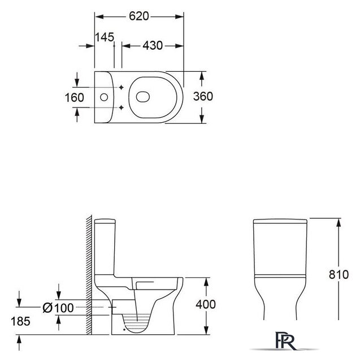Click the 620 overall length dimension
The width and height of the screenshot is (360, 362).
point(139,16)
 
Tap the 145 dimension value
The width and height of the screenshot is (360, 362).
point(105,37)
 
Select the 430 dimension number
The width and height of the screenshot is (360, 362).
point(153,45)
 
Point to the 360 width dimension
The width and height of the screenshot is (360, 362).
point(203,96)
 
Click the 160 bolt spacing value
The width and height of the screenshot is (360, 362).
point(74,97)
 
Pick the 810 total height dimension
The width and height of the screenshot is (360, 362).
point(339,274)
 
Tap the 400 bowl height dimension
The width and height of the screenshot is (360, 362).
point(206,304)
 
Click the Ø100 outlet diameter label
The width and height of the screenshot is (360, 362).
point(58,308)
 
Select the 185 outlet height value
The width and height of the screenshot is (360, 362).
point(20,321)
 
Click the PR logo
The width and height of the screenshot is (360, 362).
point(285,341)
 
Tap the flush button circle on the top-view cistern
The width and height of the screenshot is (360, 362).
point(104,97)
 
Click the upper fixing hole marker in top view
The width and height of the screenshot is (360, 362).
point(122,87)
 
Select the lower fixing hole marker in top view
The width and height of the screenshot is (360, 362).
point(122,107)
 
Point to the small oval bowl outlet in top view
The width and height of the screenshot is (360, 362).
point(143,97)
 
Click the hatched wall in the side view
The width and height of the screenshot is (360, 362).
point(89,274)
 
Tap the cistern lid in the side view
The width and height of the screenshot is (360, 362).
point(105,221)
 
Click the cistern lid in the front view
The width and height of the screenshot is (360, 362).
point(280,221)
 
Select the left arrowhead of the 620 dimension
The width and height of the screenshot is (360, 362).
point(99,16)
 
